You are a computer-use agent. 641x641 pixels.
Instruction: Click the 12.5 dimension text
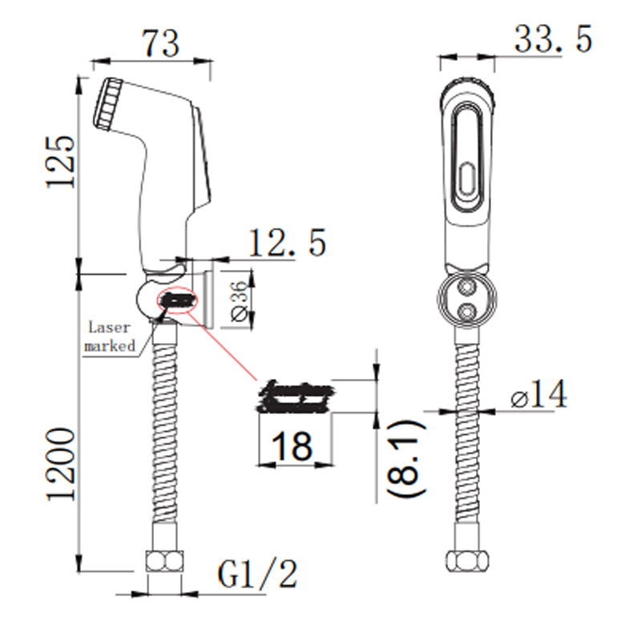tap(287, 243)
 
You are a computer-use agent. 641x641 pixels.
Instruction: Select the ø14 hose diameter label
tap(538, 395)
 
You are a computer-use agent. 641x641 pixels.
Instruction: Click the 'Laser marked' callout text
tap(113, 337)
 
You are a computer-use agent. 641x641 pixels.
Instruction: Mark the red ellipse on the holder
tap(178, 301)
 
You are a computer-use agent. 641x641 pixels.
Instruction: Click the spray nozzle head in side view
tap(109, 103)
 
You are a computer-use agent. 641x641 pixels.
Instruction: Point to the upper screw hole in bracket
tap(467, 286)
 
